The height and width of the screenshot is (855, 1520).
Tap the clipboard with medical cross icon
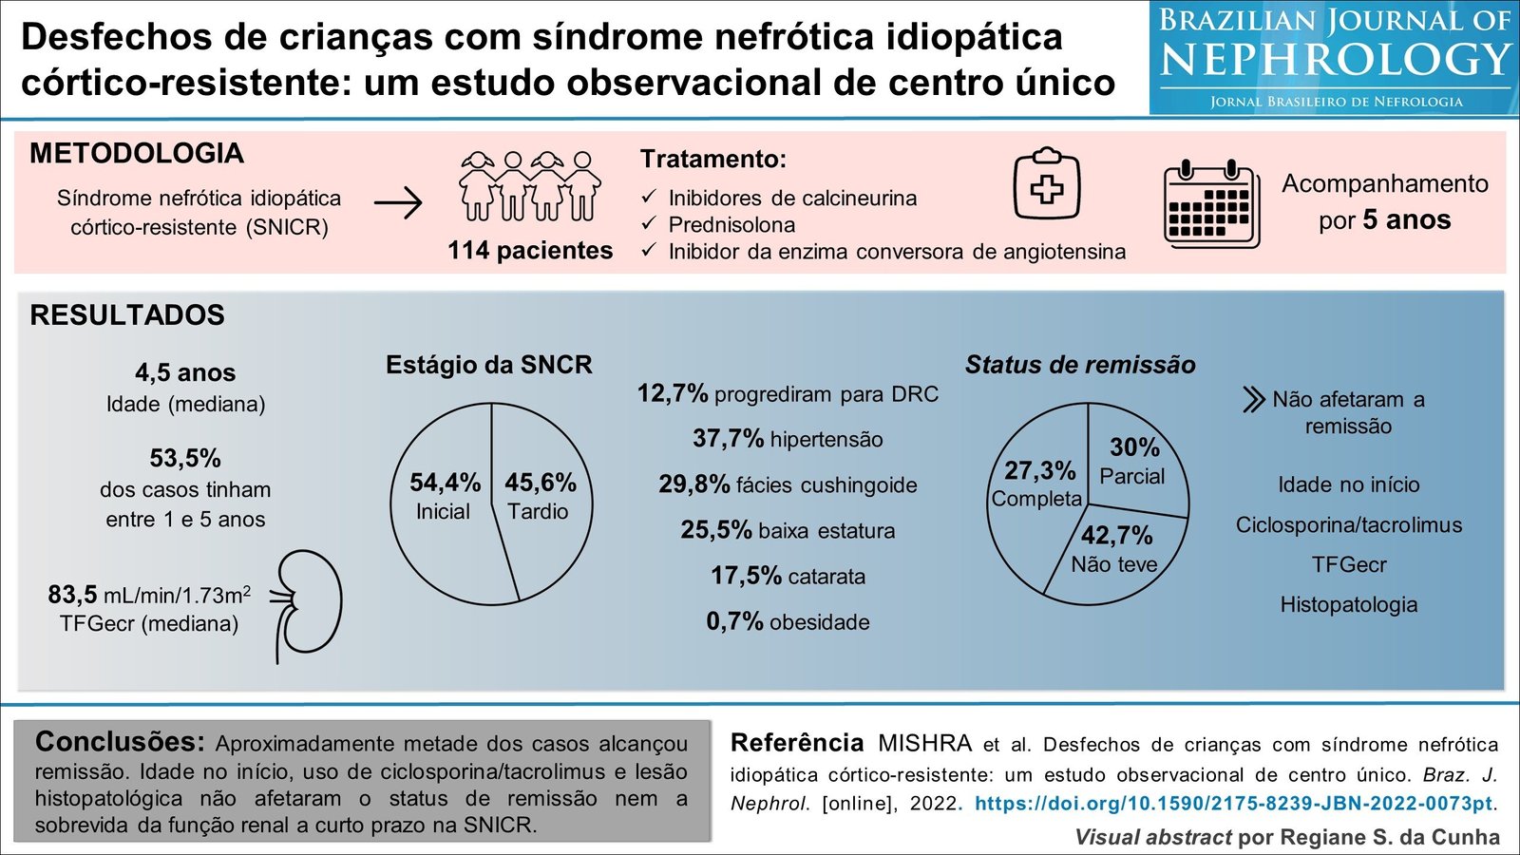[1046, 186]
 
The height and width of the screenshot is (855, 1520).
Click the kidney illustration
[309, 604]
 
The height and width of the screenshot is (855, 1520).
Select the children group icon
[530, 187]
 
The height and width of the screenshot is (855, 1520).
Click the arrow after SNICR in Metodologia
[398, 203]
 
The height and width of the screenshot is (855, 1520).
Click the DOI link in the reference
[1233, 804]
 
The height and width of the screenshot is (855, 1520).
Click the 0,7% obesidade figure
[734, 621]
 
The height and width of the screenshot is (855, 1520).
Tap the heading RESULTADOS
[127, 315]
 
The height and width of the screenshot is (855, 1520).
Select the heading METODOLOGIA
[137, 154]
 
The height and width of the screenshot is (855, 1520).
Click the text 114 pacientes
[530, 251]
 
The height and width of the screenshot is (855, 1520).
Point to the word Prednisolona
[731, 225]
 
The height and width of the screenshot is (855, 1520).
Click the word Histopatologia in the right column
[1348, 605]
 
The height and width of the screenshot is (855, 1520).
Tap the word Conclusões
[120, 742]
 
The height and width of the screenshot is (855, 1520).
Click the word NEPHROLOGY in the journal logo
[1336, 61]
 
